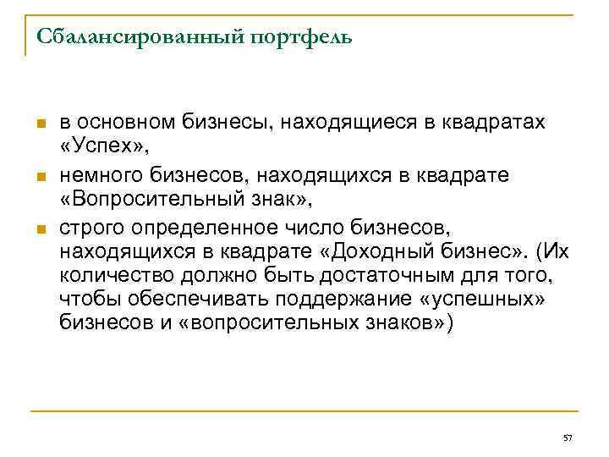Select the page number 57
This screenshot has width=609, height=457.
point(568,437)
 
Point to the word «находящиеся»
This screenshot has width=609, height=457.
point(337,123)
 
